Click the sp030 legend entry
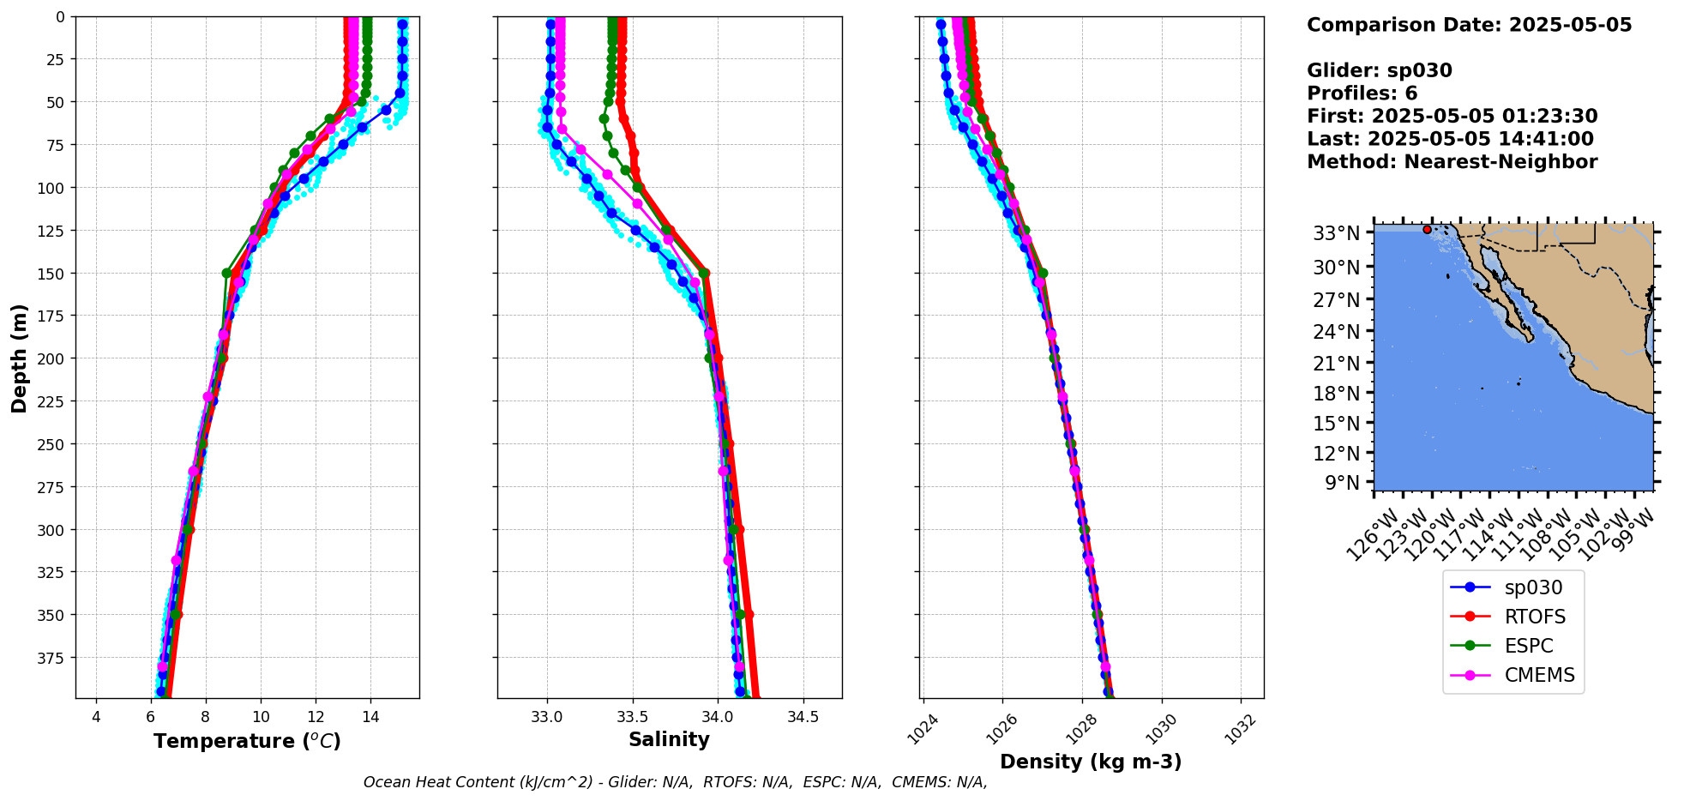(x=1532, y=587)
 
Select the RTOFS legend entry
(x=1534, y=617)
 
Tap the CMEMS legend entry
(x=1539, y=675)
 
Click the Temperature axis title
(x=247, y=741)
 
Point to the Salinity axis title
(x=669, y=739)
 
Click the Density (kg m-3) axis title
(x=1091, y=762)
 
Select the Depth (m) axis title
(x=20, y=358)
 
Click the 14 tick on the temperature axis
(x=370, y=717)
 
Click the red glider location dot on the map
(x=1427, y=229)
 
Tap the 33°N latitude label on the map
(x=1337, y=233)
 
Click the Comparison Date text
(x=1469, y=25)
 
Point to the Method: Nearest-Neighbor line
(x=1452, y=162)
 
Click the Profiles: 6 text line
(x=1362, y=93)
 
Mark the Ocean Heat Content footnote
(x=675, y=782)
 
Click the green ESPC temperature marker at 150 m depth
(x=226, y=274)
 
